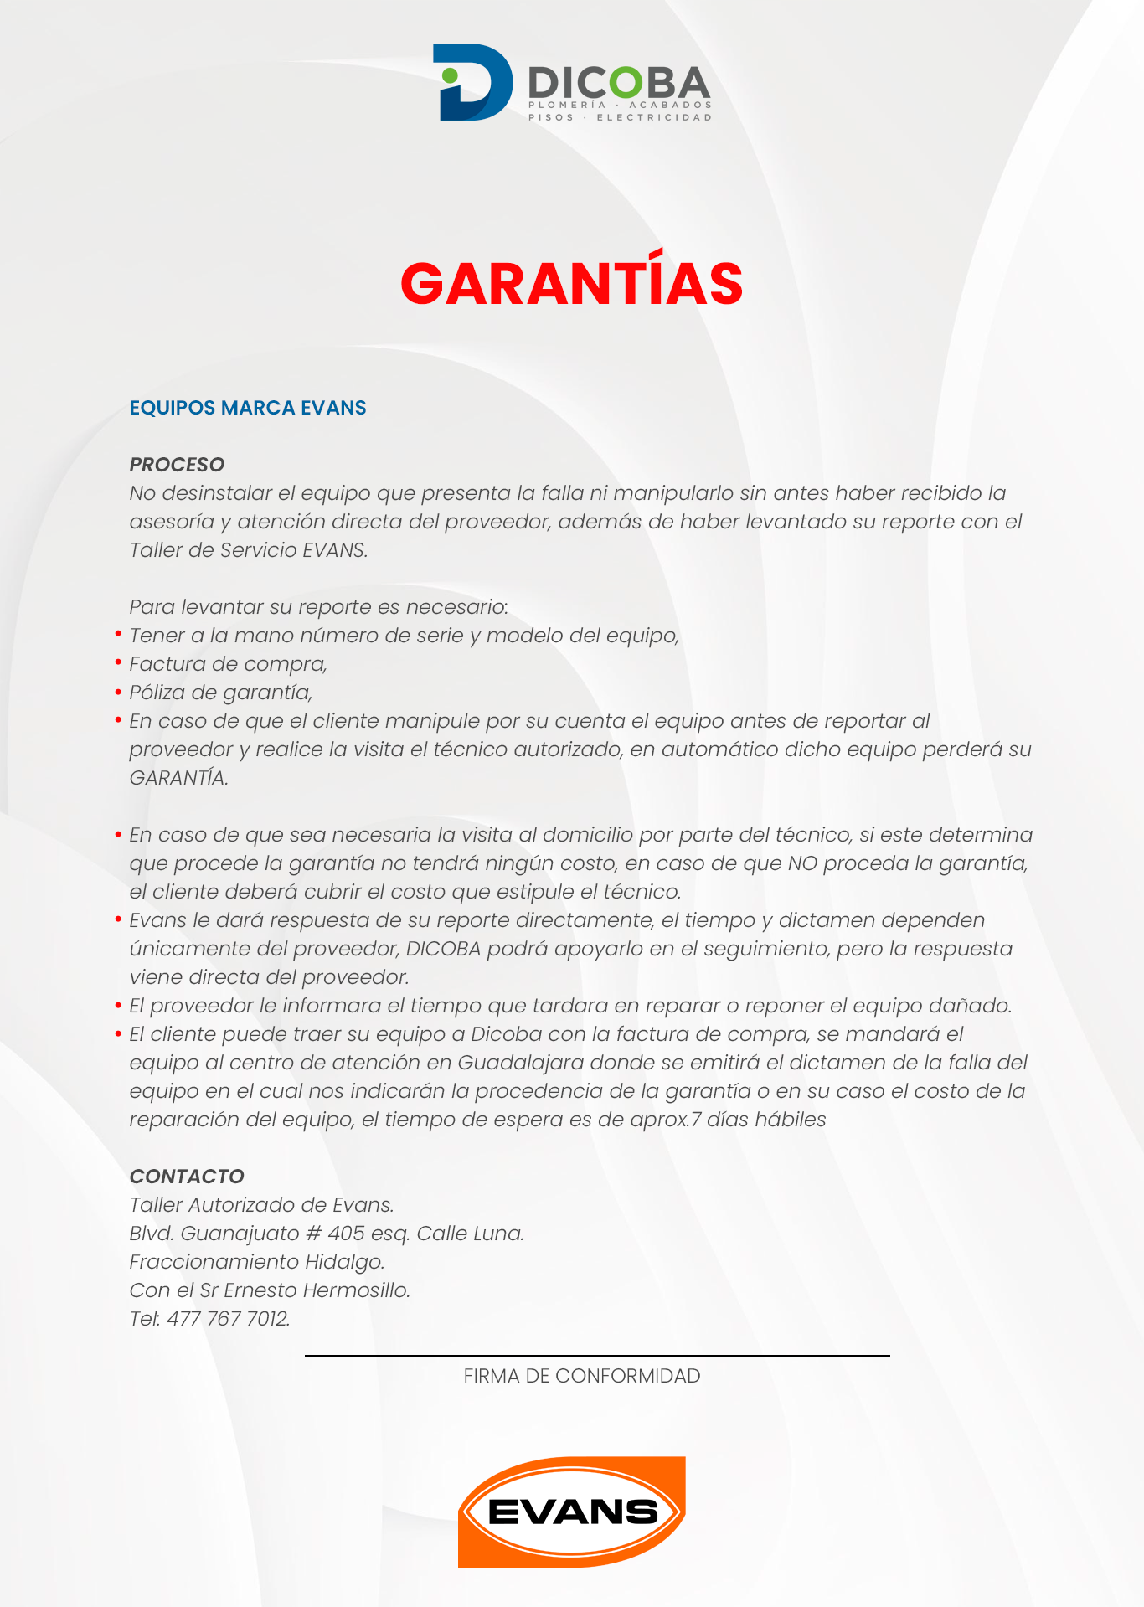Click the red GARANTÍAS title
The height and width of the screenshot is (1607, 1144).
click(x=572, y=283)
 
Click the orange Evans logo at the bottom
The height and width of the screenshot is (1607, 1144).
click(x=572, y=1512)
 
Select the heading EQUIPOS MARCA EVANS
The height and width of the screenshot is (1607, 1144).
click(x=248, y=408)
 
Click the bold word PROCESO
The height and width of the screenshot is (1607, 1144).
click(x=177, y=465)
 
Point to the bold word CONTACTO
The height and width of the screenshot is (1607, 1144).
click(x=187, y=1177)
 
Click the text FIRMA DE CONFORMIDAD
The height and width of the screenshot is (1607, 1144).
click(x=582, y=1376)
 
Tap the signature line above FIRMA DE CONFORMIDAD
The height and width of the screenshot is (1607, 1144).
click(x=596, y=1355)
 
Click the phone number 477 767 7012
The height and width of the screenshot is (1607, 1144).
click(x=228, y=1319)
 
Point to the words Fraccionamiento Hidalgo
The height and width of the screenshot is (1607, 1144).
click(x=257, y=1262)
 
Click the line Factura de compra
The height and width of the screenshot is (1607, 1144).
click(x=228, y=664)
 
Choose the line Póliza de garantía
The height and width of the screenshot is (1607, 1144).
click(x=221, y=693)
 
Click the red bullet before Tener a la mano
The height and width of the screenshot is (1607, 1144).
click(x=119, y=634)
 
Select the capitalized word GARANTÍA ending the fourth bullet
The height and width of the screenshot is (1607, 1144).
click(x=178, y=778)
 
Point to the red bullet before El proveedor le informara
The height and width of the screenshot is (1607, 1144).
click(x=119, y=1004)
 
